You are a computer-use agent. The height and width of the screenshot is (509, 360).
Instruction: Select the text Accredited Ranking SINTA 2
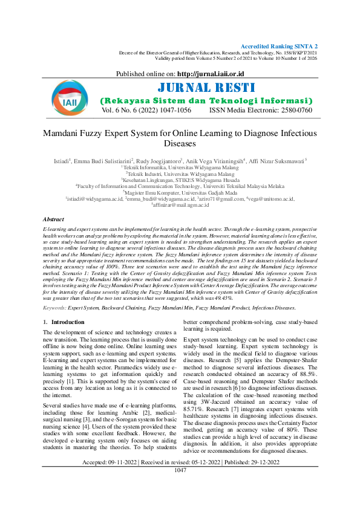[280, 46]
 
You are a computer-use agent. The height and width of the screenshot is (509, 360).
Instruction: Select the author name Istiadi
[62, 161]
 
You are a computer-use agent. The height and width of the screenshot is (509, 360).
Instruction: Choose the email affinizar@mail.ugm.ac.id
[180, 204]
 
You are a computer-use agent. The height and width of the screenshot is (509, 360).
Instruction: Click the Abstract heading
[53, 219]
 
